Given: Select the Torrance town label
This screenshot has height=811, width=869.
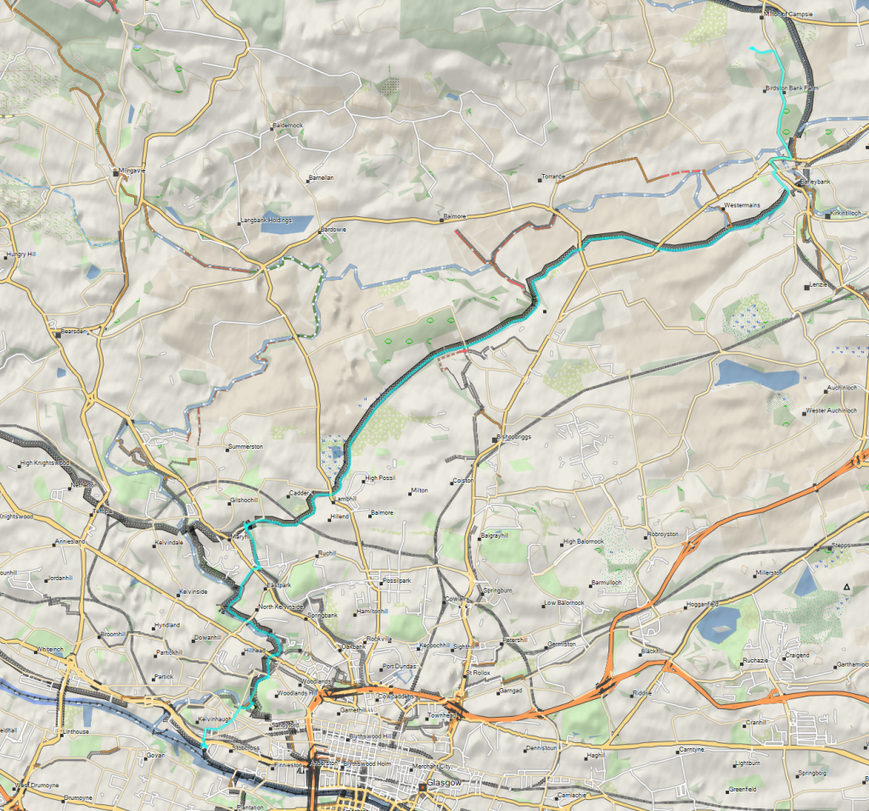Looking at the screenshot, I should click(552, 177).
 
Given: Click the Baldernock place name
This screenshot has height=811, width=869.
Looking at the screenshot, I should click(287, 126).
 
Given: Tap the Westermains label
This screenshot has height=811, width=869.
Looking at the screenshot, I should click(741, 206).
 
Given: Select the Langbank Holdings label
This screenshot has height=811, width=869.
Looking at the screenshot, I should click(265, 221).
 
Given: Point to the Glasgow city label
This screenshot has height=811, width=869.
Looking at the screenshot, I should click(442, 782).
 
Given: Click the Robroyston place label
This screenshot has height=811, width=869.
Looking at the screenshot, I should click(663, 534).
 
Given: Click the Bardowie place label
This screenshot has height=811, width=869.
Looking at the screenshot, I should click(332, 230).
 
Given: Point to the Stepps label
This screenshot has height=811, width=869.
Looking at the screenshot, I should click(840, 545).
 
